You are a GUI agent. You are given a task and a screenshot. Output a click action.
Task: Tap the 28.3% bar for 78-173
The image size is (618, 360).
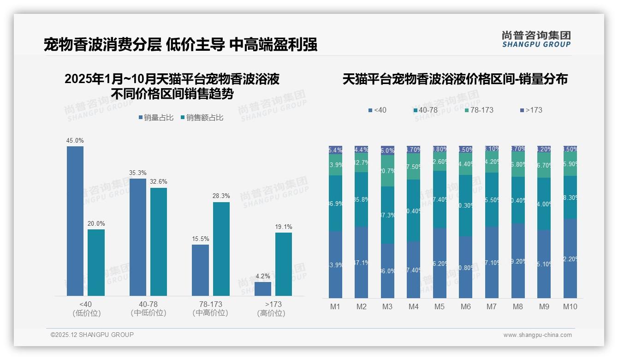[x=221, y=249]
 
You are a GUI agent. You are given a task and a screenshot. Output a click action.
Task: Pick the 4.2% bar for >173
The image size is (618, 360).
[x=263, y=288]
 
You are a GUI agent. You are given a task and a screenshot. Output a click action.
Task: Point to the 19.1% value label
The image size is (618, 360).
[x=284, y=227]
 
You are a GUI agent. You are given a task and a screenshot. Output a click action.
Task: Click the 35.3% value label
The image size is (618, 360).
[x=138, y=173]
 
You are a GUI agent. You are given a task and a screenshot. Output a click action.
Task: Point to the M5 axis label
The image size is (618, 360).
[x=439, y=306]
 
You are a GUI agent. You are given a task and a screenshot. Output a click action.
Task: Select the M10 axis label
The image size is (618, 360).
[x=570, y=306]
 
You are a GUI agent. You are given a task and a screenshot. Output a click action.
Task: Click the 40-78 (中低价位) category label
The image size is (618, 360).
[x=148, y=308]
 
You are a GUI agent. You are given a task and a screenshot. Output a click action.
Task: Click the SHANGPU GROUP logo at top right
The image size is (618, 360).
[x=536, y=39]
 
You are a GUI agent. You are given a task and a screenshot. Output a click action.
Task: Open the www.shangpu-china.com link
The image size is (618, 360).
[x=537, y=335]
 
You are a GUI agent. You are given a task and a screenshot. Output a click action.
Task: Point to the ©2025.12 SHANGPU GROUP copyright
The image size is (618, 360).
[x=92, y=335]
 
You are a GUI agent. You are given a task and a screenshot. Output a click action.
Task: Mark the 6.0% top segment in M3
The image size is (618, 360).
[x=387, y=150]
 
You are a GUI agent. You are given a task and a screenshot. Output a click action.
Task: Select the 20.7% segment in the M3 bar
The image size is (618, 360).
[x=387, y=171]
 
